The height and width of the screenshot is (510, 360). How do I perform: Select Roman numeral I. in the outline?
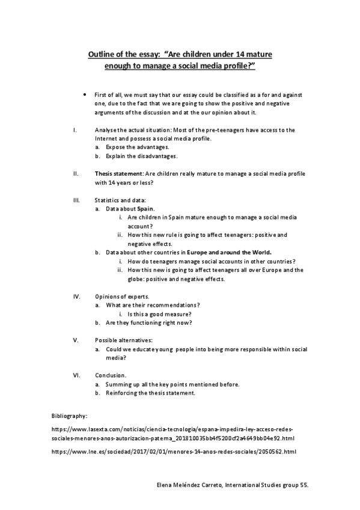click(x=73, y=129)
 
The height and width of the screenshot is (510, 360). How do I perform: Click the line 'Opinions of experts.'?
click(x=122, y=296)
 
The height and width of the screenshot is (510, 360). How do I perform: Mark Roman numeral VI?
click(x=76, y=375)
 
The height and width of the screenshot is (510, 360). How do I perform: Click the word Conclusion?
click(x=111, y=375)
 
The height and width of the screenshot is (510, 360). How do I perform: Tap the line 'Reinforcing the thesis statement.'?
click(x=150, y=393)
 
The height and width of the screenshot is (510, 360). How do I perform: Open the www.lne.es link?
click(x=174, y=450)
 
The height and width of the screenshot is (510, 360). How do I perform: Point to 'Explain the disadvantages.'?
click(x=142, y=156)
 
